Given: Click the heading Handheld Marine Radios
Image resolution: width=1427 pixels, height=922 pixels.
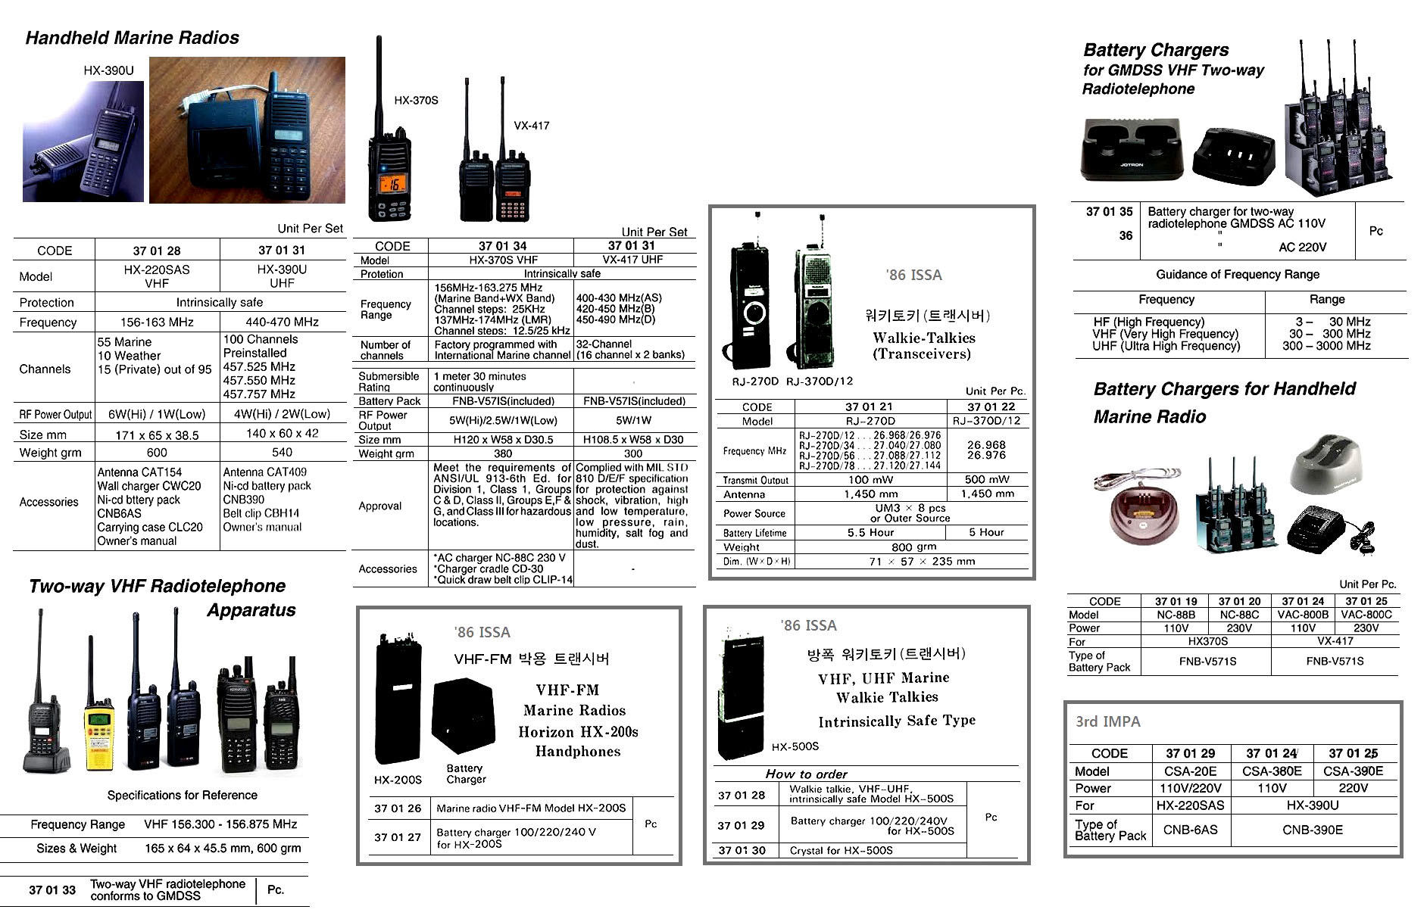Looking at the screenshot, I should [132, 38].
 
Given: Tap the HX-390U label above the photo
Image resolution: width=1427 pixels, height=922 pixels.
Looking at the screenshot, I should [108, 70].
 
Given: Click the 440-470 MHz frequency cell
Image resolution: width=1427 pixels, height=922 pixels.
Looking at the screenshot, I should [282, 322].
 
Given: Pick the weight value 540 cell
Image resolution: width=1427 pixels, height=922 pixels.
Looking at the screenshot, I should [282, 452].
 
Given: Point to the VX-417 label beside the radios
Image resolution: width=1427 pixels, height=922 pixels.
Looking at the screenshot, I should [531, 126].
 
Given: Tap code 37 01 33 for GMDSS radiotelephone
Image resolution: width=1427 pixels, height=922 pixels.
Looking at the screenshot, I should [52, 890].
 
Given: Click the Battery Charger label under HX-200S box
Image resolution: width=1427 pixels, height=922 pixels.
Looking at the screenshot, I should [466, 774].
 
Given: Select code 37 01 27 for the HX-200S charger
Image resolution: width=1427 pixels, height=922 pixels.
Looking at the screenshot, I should [398, 837].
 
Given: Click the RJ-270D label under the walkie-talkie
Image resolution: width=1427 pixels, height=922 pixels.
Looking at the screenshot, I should [754, 382].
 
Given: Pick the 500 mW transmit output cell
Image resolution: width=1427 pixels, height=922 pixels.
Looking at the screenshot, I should [986, 479].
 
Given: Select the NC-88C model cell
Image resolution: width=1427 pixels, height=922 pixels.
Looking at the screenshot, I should [1239, 615].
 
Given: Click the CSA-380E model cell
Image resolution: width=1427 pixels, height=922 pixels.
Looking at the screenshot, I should [1272, 771].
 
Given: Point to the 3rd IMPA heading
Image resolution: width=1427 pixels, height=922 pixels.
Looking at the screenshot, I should [1107, 722].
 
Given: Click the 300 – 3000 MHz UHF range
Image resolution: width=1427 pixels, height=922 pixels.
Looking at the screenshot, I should [1326, 346].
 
